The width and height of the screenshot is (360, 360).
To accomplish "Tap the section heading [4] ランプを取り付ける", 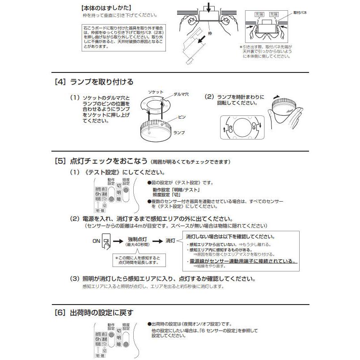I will coord(93,82).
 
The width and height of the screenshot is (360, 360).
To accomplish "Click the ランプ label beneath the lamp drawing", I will coord(179,133).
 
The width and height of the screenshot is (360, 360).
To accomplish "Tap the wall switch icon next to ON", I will coord(106,241).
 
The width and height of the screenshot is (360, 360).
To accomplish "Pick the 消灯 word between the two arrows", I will coord(171,241).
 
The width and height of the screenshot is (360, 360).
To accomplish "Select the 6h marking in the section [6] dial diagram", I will coord(97,339).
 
